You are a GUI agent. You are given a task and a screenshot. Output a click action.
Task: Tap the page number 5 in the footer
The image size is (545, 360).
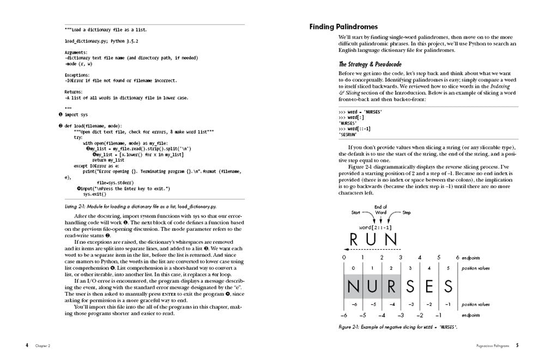click(517, 345)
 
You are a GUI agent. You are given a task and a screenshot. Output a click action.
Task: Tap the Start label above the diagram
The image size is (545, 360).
click(356, 212)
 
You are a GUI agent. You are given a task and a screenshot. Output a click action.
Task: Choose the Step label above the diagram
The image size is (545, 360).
click(407, 212)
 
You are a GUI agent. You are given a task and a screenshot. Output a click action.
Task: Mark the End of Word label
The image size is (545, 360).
click(381, 209)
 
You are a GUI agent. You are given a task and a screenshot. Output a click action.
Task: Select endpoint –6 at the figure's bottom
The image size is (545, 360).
click(344, 316)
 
